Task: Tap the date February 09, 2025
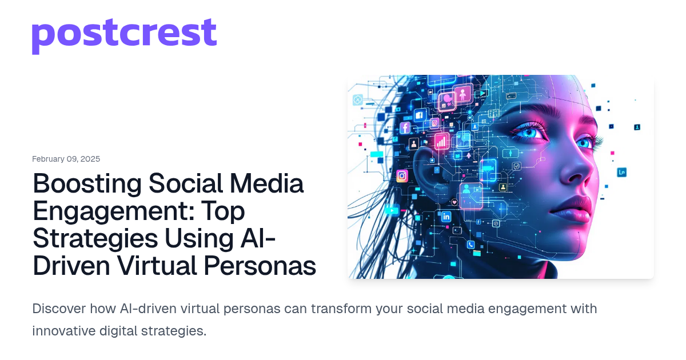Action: [66, 159]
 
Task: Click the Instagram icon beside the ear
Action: [402, 176]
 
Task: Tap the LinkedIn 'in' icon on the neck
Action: [446, 217]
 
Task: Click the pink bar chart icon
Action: [442, 142]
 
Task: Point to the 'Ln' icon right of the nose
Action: [621, 172]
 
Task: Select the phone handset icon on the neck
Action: [470, 245]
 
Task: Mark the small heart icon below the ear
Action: [454, 201]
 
